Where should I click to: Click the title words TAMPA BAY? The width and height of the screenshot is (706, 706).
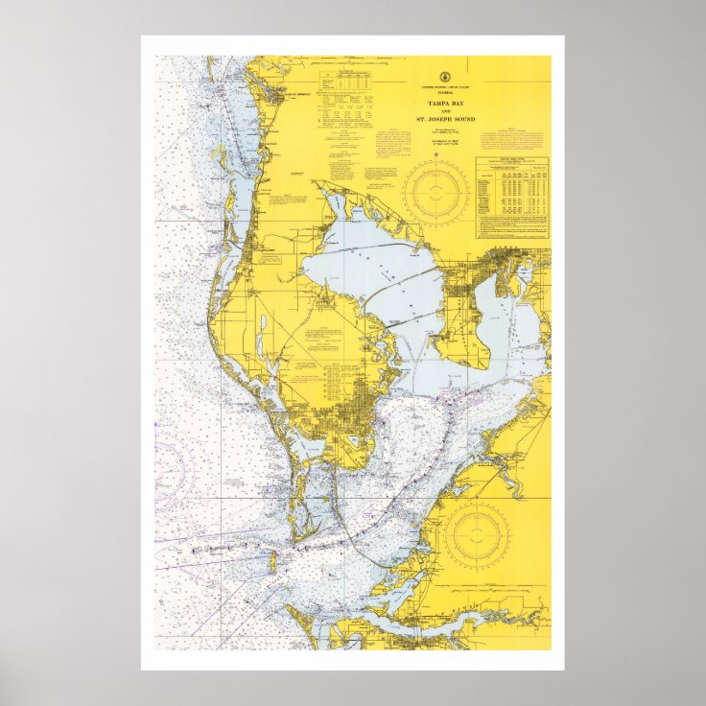[444, 102]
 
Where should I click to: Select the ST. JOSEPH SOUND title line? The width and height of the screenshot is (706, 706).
[444, 120]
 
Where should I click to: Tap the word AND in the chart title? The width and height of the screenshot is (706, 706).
[444, 110]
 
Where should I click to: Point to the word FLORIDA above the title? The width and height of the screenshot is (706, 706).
[444, 93]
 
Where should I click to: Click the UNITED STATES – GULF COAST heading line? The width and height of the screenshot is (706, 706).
[444, 87]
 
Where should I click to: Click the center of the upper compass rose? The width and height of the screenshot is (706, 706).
[435, 192]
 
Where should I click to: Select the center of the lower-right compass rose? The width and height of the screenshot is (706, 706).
[477, 533]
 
